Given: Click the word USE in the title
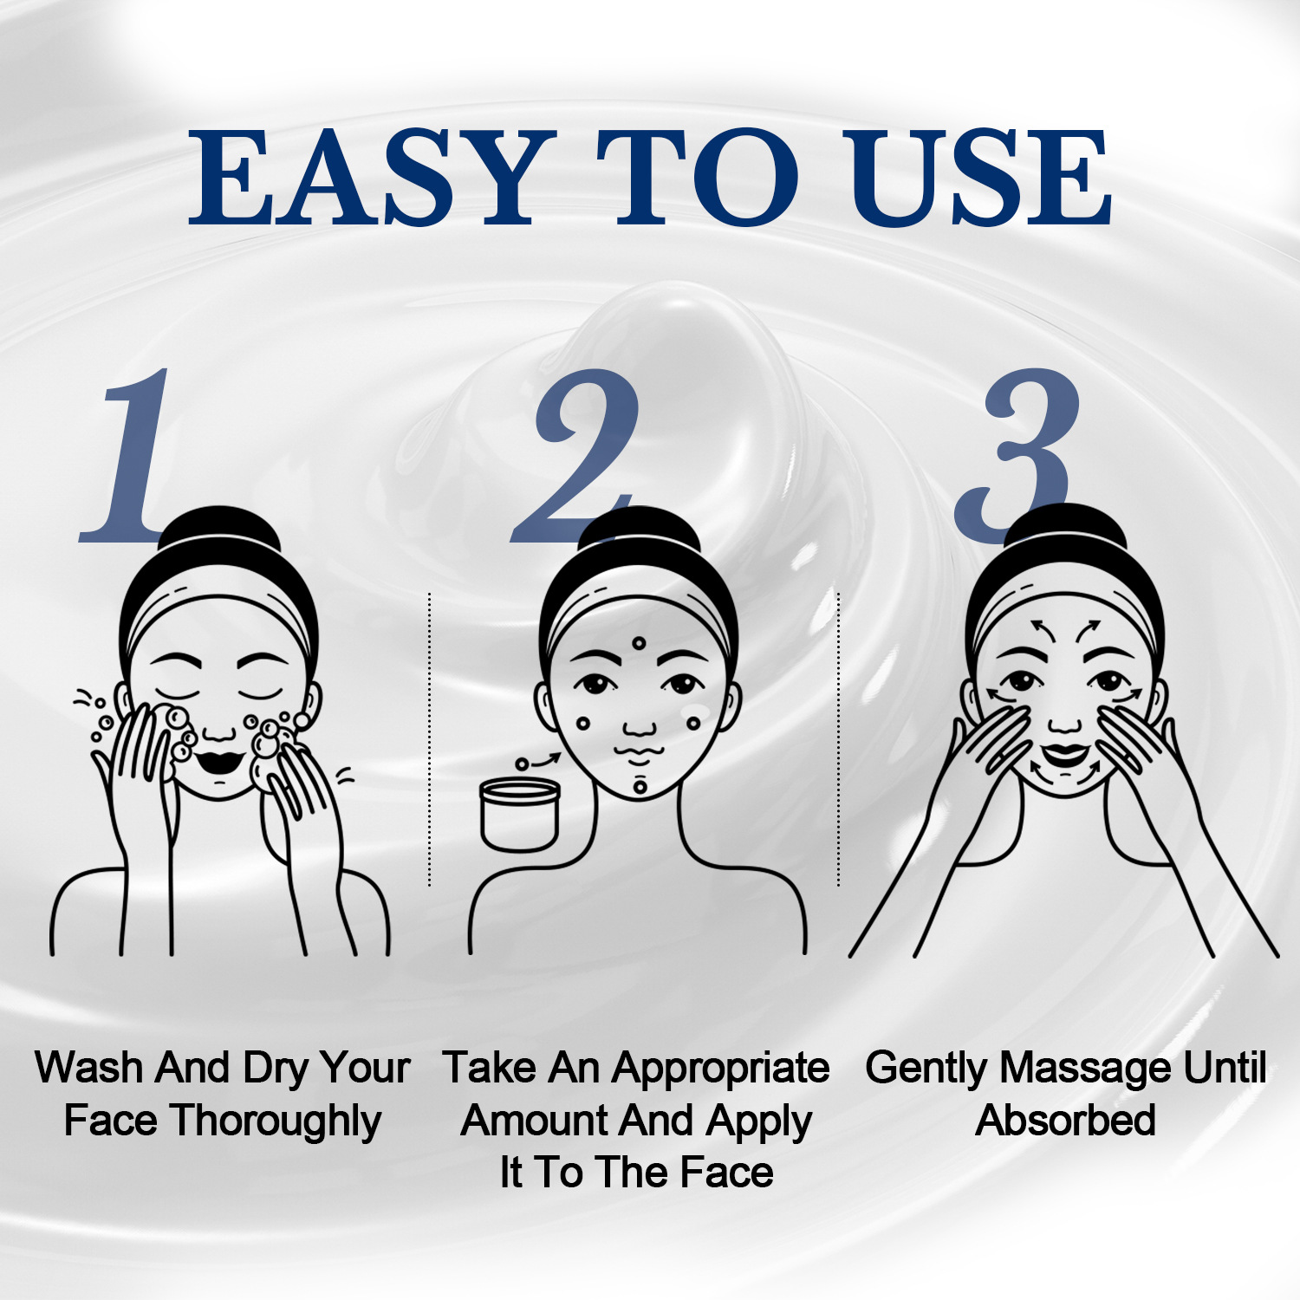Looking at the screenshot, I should [x=979, y=178].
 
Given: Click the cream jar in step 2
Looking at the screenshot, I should [x=520, y=815].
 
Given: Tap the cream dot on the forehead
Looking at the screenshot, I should [x=639, y=643].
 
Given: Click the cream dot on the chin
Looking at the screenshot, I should [x=640, y=787].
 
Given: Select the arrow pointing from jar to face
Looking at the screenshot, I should [x=546, y=759].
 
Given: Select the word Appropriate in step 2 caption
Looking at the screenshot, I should [x=719, y=1068].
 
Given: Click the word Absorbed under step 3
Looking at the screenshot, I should [x=1065, y=1121].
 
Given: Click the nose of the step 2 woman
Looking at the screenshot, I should [x=640, y=726].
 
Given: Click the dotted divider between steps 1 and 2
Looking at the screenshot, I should [x=429, y=737].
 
